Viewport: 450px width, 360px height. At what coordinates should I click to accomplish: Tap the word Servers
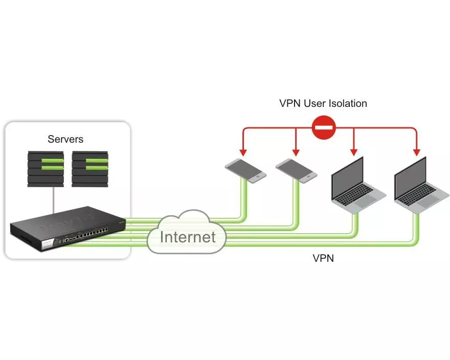pos(65,139)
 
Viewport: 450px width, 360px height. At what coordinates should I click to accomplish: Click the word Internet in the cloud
pos(187,237)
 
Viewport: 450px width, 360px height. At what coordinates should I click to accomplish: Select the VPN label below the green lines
pos(323,258)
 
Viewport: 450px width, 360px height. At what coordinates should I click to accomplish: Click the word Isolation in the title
pos(343,103)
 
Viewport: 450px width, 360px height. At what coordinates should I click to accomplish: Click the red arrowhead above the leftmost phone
pos(243,152)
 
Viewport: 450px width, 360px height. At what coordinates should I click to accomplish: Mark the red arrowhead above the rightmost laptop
pos(417,151)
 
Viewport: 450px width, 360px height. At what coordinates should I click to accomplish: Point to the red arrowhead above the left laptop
pos(353,151)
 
